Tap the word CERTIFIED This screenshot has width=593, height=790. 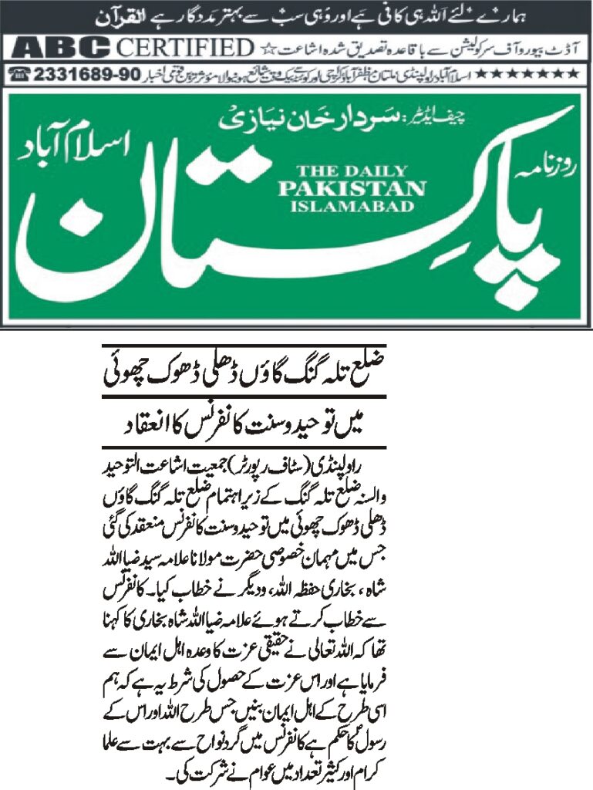[185, 48]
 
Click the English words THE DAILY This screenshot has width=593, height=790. [351, 173]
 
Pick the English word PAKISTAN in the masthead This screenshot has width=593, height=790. [351, 189]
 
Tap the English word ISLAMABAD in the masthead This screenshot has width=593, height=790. [351, 205]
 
